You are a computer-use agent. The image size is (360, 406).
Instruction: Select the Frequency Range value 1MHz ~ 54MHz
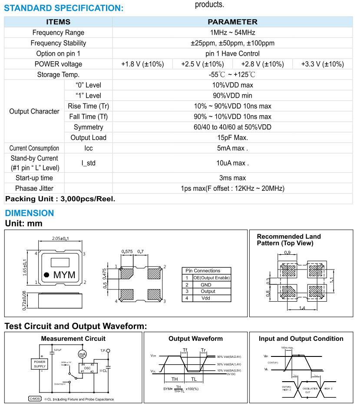coord(232,33)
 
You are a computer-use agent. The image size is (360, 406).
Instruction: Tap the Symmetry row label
coord(88,127)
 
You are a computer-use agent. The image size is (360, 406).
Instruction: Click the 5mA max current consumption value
coord(232,148)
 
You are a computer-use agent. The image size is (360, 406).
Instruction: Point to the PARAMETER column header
coord(232,22)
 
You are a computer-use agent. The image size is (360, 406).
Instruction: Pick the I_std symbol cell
coord(88,163)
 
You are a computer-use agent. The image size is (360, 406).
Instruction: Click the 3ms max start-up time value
coord(232,178)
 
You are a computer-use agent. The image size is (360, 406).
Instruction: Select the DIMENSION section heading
coord(29,213)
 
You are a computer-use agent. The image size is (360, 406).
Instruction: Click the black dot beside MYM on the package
coord(46,274)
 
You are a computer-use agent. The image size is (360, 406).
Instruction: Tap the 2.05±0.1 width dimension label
coord(60,238)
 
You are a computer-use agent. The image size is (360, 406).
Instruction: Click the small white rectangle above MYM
coord(60,262)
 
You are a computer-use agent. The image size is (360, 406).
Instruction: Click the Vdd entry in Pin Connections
coord(205,298)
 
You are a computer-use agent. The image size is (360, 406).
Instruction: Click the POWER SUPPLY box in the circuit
coord(40,364)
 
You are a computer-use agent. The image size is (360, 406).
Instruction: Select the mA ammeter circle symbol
coord(82,355)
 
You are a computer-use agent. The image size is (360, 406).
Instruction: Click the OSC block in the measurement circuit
coord(87,368)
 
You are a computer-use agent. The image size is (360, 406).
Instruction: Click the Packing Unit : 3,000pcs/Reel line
coord(60,199)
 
